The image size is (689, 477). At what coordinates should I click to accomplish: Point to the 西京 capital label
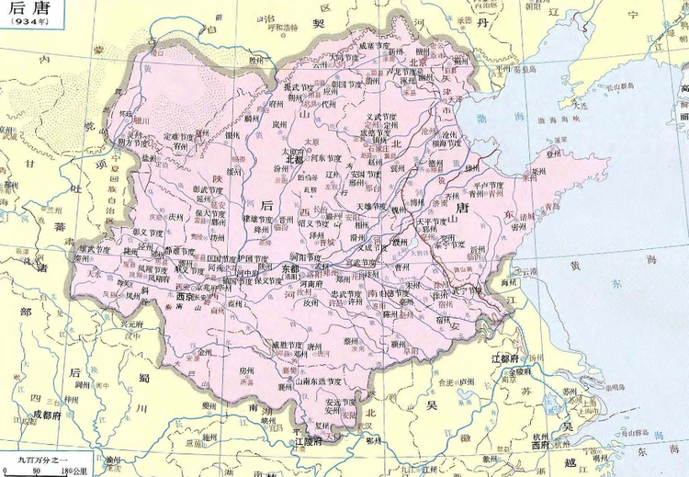[187, 296]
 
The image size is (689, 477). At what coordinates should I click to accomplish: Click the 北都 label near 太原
[294, 158]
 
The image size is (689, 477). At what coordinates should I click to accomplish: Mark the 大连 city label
[578, 106]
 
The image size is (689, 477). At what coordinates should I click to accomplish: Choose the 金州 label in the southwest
[205, 352]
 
